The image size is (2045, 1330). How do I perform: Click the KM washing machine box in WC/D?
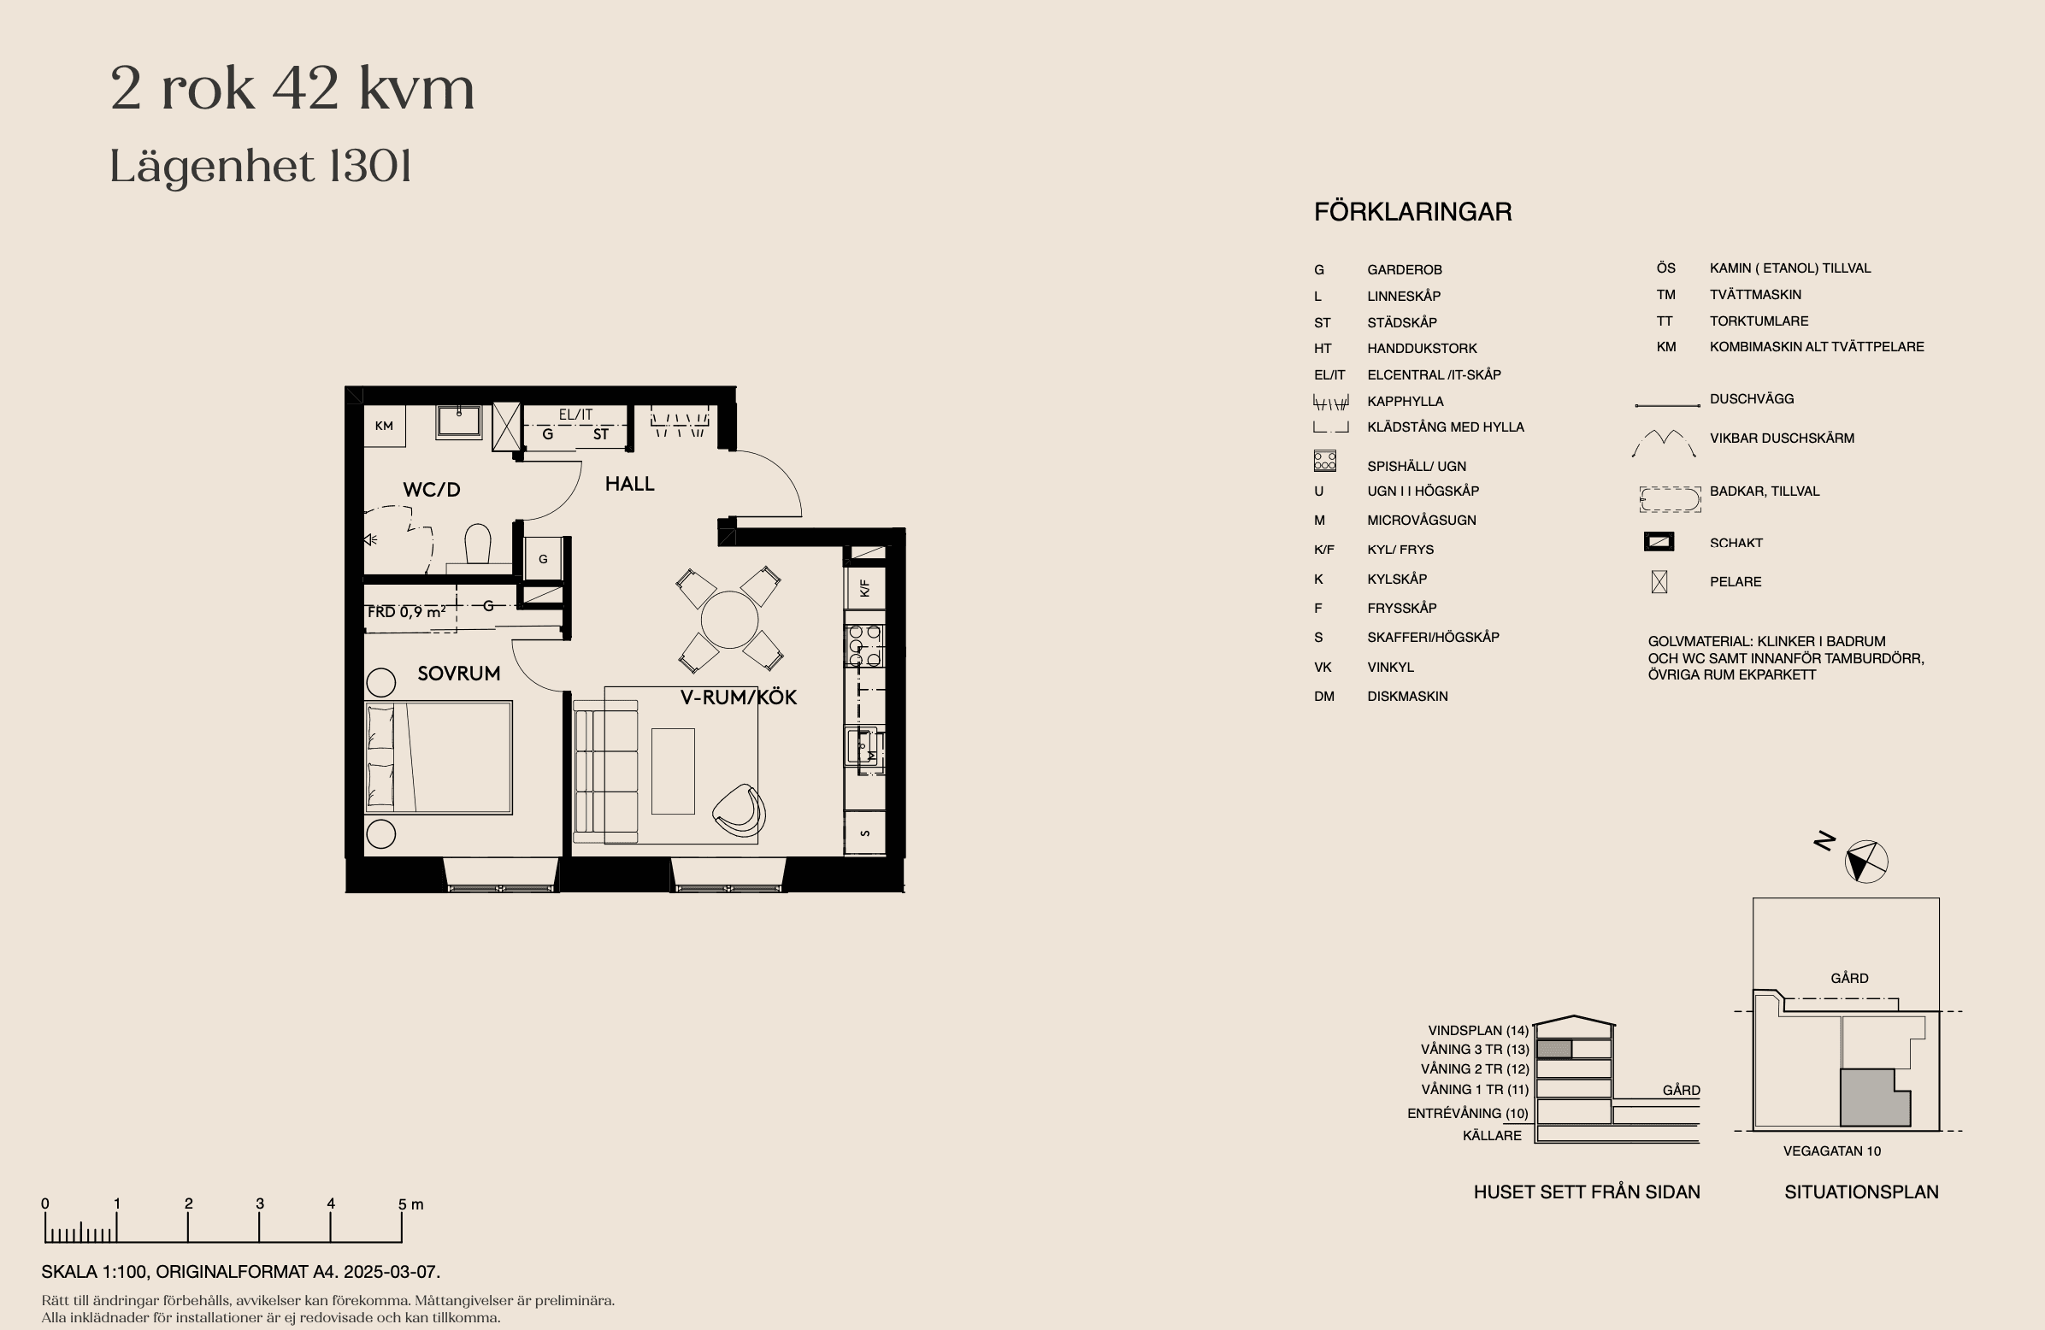[384, 426]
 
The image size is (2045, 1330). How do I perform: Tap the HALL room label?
[629, 484]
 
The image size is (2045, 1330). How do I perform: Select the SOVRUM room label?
[459, 674]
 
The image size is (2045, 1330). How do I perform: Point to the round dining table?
[729, 619]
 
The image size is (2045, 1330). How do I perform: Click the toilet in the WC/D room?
[478, 544]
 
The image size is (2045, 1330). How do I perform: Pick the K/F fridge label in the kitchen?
[864, 589]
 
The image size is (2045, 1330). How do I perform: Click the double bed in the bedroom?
[439, 757]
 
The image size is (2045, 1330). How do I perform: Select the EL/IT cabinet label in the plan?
[575, 414]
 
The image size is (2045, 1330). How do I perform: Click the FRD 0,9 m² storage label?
[406, 612]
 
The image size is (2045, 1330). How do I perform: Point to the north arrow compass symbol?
[1866, 861]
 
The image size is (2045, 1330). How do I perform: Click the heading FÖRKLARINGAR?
[1412, 212]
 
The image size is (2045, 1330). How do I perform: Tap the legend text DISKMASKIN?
[1407, 696]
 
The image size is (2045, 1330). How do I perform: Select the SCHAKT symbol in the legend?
[1659, 542]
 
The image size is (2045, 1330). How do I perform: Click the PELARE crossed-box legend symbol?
[1659, 581]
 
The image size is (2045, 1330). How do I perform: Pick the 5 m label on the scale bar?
[410, 1203]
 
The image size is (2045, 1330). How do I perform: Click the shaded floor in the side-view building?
[1553, 1049]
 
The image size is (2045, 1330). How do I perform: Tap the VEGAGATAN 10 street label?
[1832, 1151]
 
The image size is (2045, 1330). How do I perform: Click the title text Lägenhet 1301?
[261, 168]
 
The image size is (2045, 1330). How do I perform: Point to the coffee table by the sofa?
[673, 771]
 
